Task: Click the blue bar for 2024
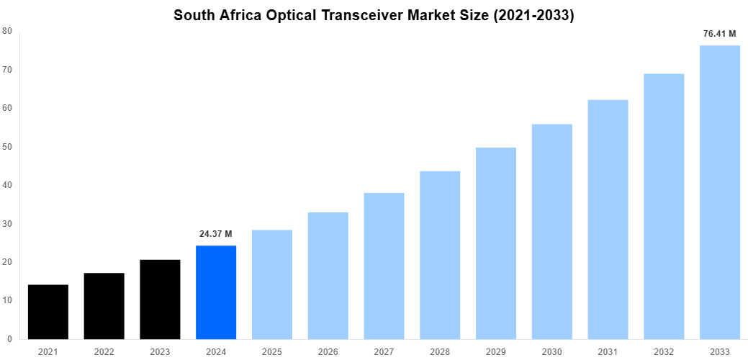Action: (x=216, y=292)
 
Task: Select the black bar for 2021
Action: (x=48, y=312)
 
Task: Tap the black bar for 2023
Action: (x=160, y=300)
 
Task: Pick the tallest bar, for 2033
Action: (x=720, y=192)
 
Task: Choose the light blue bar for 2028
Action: (x=440, y=255)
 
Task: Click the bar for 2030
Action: (x=552, y=232)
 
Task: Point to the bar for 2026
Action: (x=328, y=276)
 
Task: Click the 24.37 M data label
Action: (x=216, y=234)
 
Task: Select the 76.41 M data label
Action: (x=720, y=34)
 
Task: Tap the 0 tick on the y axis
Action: (x=9, y=339)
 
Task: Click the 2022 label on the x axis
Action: (x=104, y=351)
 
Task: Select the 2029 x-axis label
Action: (x=496, y=351)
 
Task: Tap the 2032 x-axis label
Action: (x=664, y=351)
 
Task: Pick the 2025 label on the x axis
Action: (x=272, y=351)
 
